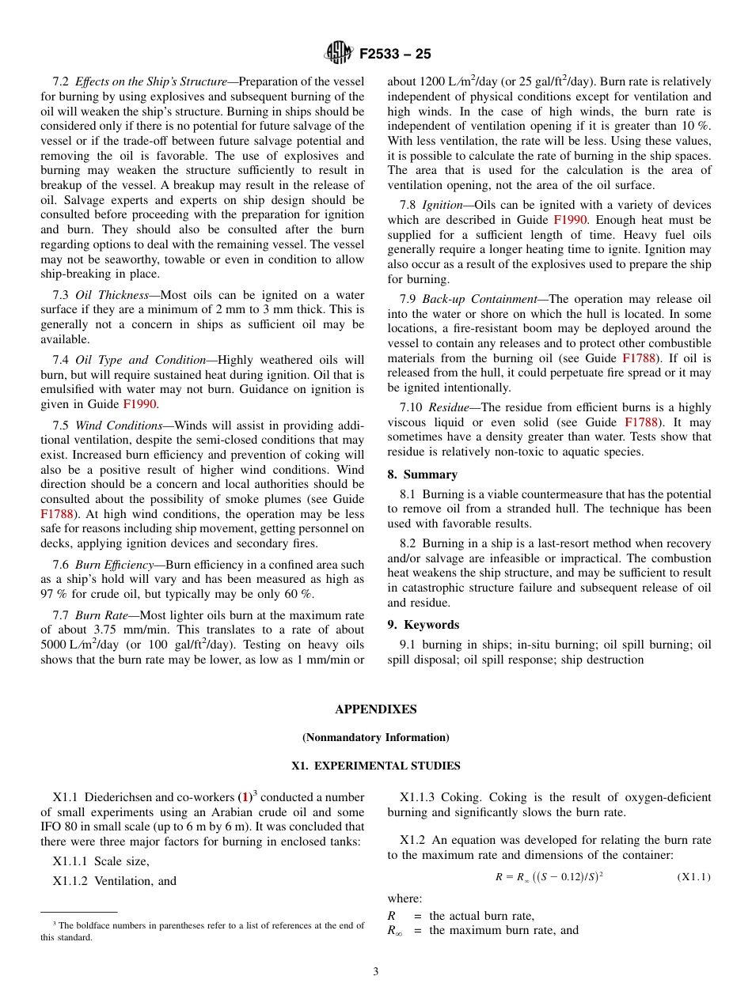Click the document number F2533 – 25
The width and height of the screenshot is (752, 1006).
coord(395,54)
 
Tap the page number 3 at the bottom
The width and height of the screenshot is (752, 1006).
coord(375,971)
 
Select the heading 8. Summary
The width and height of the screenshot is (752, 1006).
coord(422,475)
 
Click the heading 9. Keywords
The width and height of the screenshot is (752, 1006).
coord(423,625)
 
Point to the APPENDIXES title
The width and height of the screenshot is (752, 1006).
coord(375,709)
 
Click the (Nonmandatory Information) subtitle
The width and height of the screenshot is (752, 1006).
coord(375,737)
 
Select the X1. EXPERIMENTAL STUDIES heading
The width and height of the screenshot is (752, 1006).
coord(375,766)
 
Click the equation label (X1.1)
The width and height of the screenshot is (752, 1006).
coord(693,876)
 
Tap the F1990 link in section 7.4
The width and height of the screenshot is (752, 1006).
coord(140,403)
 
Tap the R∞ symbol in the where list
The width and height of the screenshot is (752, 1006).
coord(394,931)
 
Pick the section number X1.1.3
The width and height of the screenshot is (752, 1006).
coord(416,797)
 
